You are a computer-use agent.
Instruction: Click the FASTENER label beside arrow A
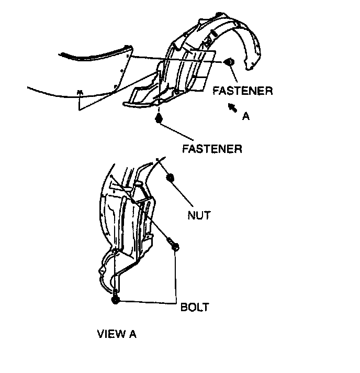point(242,91)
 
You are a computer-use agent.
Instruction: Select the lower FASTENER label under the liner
point(212,149)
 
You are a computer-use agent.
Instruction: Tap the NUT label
point(198,215)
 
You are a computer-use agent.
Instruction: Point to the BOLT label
point(195,307)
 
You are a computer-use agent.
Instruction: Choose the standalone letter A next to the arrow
point(246,117)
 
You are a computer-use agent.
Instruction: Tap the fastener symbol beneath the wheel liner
point(159,119)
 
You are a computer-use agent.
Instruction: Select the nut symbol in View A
point(170,179)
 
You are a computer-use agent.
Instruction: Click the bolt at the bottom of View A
point(115,300)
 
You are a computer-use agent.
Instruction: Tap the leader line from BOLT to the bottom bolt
point(147,301)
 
